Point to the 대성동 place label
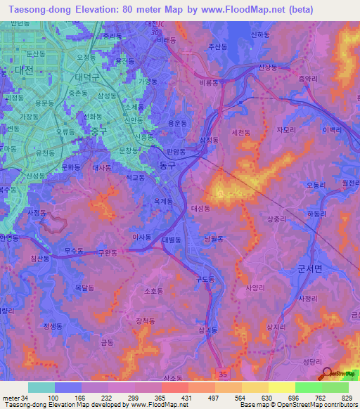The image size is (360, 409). point(202,209)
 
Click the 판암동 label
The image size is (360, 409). point(177,150)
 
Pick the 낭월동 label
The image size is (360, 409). point(214,239)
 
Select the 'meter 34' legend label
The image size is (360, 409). point(13,398)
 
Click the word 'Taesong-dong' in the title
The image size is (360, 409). point(34,10)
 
